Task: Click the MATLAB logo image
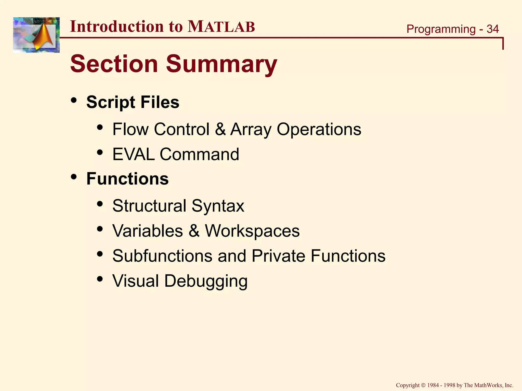36,35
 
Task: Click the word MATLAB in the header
221,26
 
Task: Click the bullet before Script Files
74,100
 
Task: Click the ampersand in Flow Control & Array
220,129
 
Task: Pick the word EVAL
134,154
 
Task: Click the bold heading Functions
127,179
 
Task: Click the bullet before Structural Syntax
100,204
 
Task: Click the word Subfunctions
162,256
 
